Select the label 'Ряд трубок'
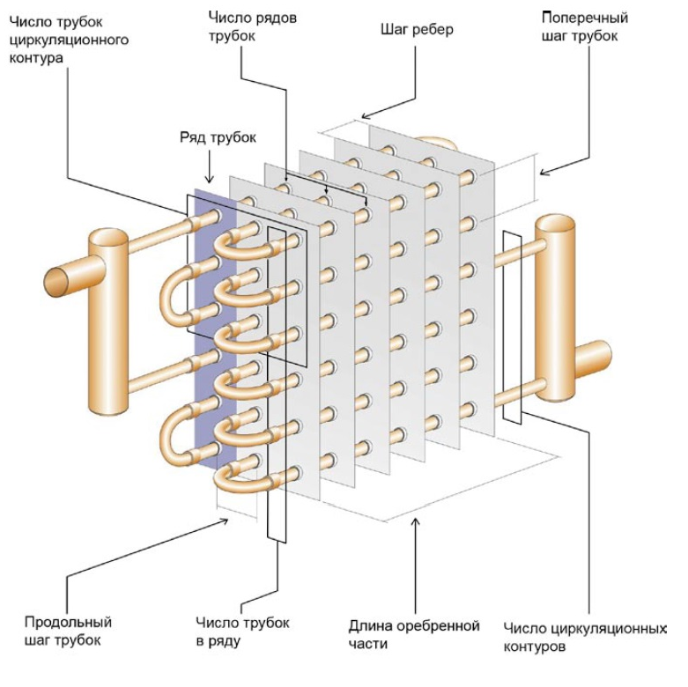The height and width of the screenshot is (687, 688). click(209, 139)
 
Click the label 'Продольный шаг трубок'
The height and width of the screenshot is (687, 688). click(69, 631)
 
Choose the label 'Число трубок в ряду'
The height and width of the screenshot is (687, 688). click(242, 631)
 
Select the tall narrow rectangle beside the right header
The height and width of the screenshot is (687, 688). click(511, 326)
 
